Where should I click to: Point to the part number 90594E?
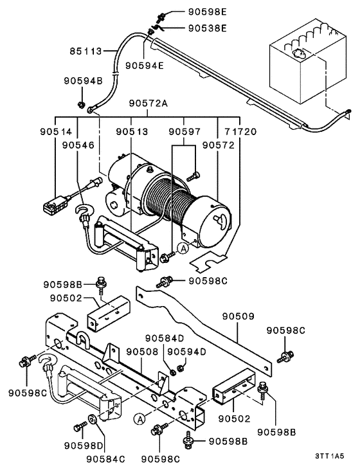(144, 65)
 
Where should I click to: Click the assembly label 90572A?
(148, 103)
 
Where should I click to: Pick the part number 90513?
(132, 131)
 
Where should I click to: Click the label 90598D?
(84, 446)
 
